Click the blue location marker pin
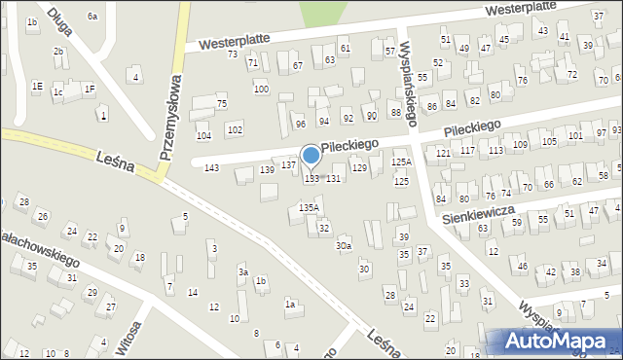pyautogui.click(x=311, y=156)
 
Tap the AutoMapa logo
pyautogui.click(x=550, y=341)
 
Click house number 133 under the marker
pyautogui.click(x=311, y=179)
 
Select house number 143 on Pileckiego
pyautogui.click(x=211, y=168)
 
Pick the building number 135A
pyautogui.click(x=309, y=207)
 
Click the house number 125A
pyautogui.click(x=401, y=162)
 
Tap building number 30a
pyautogui.click(x=344, y=246)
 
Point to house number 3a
pyautogui.click(x=244, y=272)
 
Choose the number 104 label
pyautogui.click(x=203, y=135)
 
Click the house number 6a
pyautogui.click(x=92, y=17)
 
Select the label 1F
pyautogui.click(x=90, y=89)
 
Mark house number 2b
pyautogui.click(x=58, y=52)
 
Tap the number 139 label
pyautogui.click(x=267, y=170)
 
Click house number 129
pyautogui.click(x=359, y=168)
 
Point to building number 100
pyautogui.click(x=261, y=89)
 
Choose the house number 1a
pyautogui.click(x=290, y=304)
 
